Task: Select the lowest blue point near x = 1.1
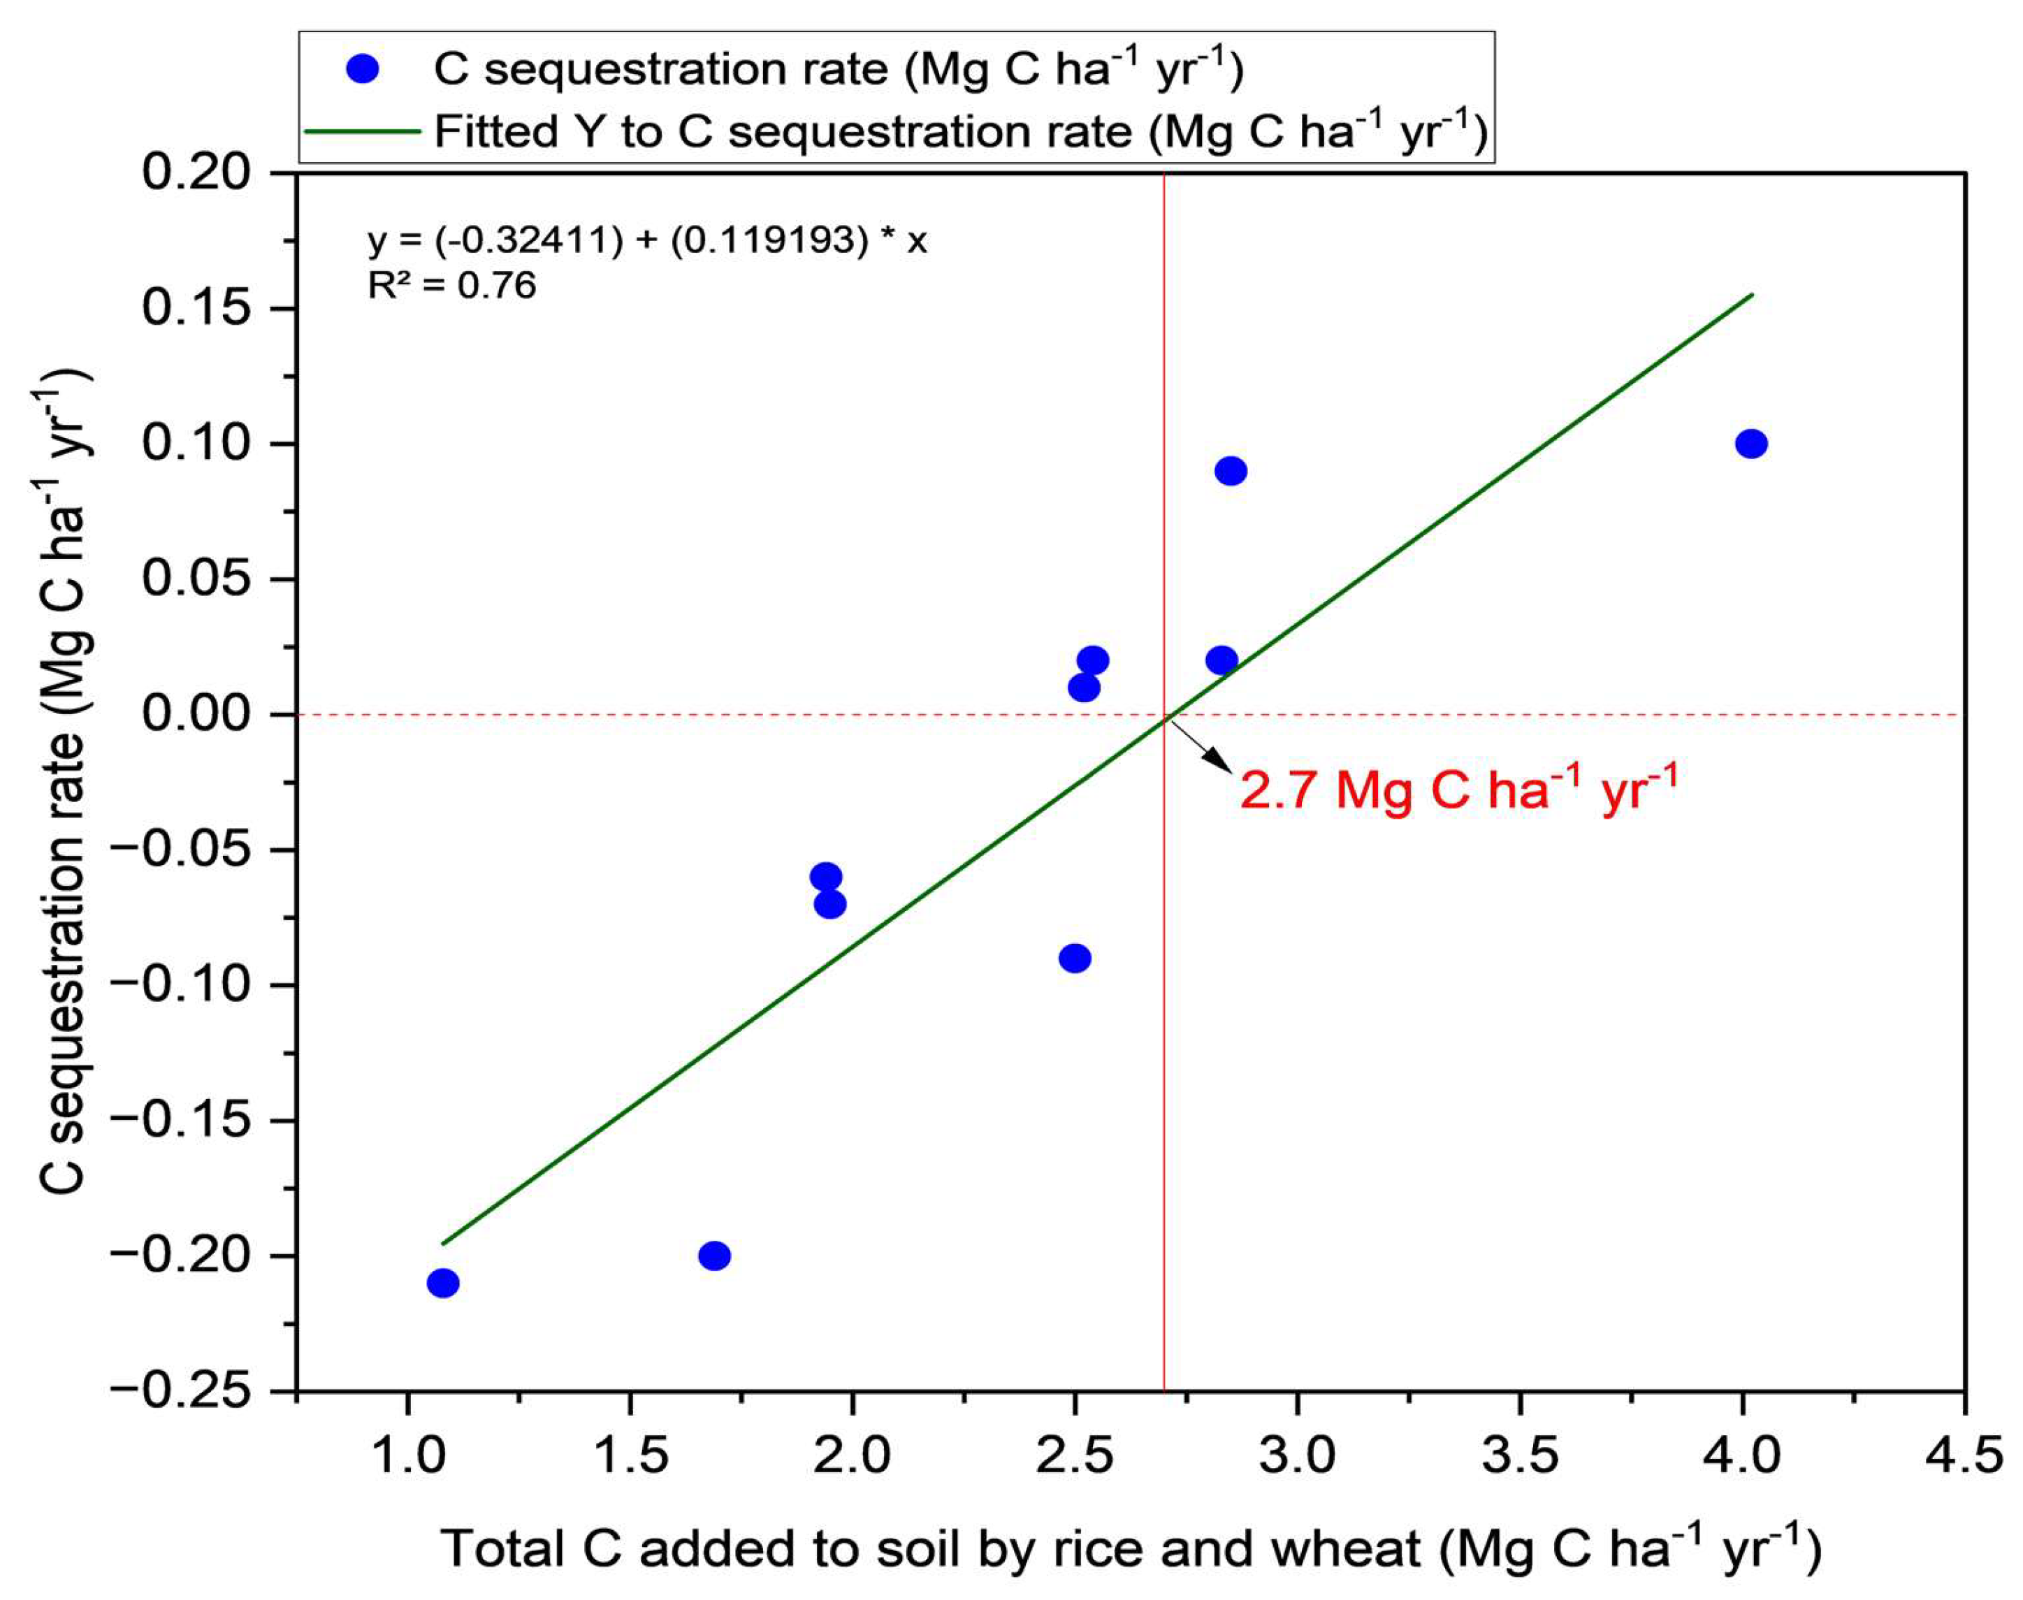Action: (443, 1283)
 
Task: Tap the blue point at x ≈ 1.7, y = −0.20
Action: (714, 1256)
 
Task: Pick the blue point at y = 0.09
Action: (1231, 471)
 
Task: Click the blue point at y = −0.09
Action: (1075, 959)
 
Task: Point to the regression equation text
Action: (646, 241)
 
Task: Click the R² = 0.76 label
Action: (451, 285)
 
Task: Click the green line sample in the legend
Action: (362, 132)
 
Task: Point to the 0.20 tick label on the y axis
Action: (197, 173)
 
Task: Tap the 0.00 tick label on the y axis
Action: (197, 714)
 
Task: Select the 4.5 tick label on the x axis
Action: (1964, 1457)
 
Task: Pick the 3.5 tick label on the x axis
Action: (1520, 1457)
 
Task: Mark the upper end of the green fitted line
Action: (1752, 294)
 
